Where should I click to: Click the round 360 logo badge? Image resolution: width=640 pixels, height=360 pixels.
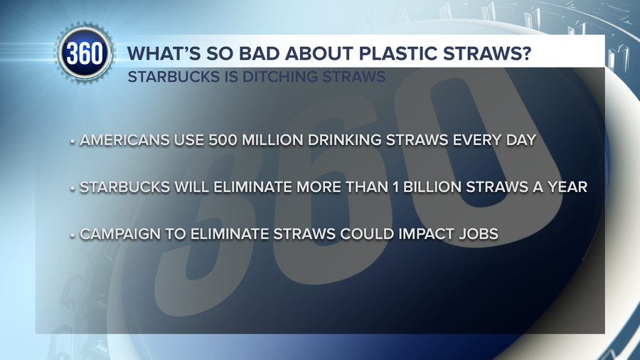[85, 53]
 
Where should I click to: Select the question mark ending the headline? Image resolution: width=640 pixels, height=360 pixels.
[526, 53]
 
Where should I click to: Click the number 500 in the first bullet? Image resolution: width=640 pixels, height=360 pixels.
[223, 140]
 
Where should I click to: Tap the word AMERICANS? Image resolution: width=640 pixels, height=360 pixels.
[124, 140]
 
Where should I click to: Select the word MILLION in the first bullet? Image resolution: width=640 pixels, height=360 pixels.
[273, 140]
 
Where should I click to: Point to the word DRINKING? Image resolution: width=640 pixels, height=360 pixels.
[345, 140]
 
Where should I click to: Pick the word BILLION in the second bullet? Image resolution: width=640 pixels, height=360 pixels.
[432, 187]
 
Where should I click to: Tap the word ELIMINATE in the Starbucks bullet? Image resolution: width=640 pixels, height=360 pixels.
[252, 187]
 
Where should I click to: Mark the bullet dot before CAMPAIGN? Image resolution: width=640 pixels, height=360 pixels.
[73, 235]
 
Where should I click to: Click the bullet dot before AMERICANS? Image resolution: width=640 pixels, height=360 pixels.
[73, 142]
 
